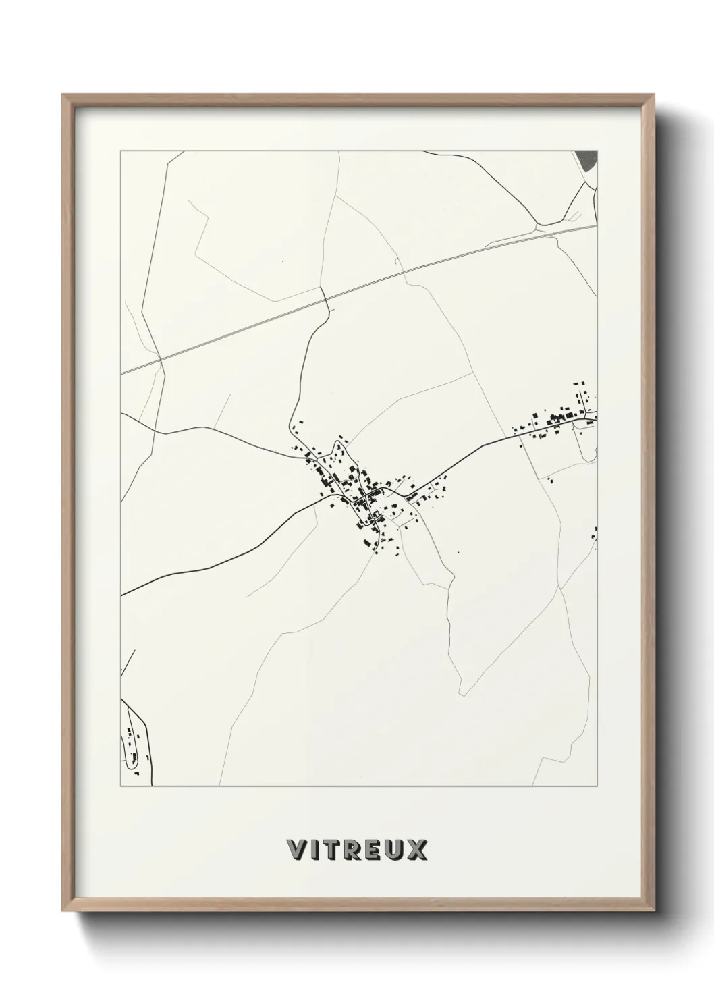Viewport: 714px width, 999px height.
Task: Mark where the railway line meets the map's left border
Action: [122, 372]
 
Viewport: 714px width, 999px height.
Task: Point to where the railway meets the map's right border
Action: [597, 225]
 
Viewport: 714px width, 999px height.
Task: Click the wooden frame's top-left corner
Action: [65, 97]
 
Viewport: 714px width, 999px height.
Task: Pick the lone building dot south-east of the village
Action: [458, 552]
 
